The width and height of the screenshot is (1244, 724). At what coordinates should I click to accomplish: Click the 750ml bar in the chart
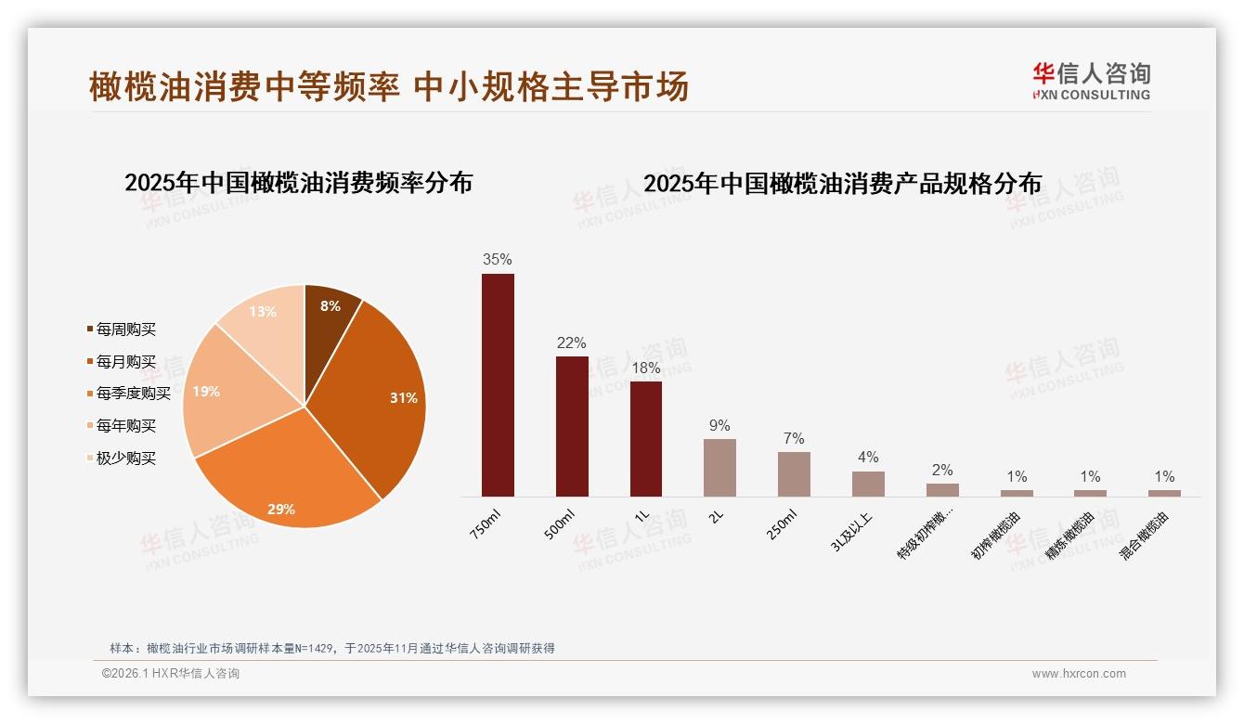pos(498,384)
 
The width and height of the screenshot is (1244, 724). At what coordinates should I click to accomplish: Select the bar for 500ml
pos(572,426)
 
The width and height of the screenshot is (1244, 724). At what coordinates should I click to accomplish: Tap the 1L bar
pos(646,438)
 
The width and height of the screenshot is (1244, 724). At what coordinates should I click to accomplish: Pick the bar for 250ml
pos(794,473)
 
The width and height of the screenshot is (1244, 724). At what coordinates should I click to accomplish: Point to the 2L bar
pos(719,467)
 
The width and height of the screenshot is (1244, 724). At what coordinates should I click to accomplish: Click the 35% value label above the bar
pos(498,260)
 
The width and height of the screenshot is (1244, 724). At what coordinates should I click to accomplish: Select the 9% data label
pos(719,425)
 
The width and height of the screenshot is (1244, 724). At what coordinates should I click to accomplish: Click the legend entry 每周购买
pos(126,330)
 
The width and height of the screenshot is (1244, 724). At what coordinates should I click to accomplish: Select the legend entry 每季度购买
pos(134,394)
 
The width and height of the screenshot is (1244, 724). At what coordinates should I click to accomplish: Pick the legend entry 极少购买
pos(126,459)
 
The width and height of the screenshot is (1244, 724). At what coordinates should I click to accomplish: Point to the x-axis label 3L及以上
pos(854,533)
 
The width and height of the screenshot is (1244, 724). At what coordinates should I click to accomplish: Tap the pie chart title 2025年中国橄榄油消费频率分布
pos(298,183)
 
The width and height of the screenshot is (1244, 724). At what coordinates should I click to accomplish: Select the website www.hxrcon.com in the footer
pos(1079,674)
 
